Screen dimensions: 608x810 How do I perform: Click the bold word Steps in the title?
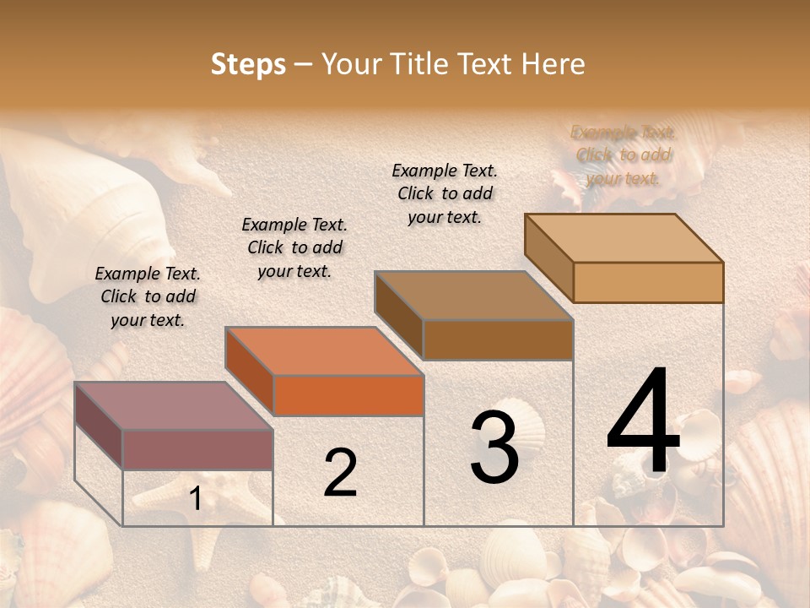click(248, 64)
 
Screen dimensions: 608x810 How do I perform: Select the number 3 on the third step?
click(494, 448)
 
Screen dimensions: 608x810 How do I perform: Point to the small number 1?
click(195, 499)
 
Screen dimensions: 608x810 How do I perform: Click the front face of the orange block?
click(348, 395)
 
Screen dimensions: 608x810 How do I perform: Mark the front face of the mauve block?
click(197, 449)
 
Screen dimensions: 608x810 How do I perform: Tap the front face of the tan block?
click(648, 282)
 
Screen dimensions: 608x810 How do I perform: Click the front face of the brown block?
click(498, 339)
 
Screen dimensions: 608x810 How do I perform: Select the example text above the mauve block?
click(148, 296)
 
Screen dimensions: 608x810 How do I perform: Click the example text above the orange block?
click(294, 247)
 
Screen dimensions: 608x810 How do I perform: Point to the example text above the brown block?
click(445, 193)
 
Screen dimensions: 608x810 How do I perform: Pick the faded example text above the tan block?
click(624, 155)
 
